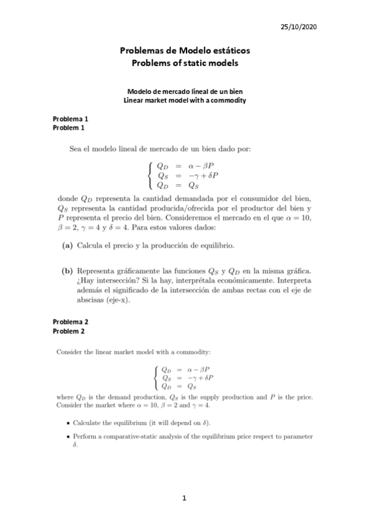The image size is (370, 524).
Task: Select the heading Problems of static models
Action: (185, 63)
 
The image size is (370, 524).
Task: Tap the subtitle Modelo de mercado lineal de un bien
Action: (185, 91)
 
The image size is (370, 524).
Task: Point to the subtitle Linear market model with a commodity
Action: (185, 100)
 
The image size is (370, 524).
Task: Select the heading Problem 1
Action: (68, 128)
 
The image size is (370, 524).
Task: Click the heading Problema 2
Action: (70, 322)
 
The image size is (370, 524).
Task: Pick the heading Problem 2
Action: (68, 331)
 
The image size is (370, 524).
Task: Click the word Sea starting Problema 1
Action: (75, 148)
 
